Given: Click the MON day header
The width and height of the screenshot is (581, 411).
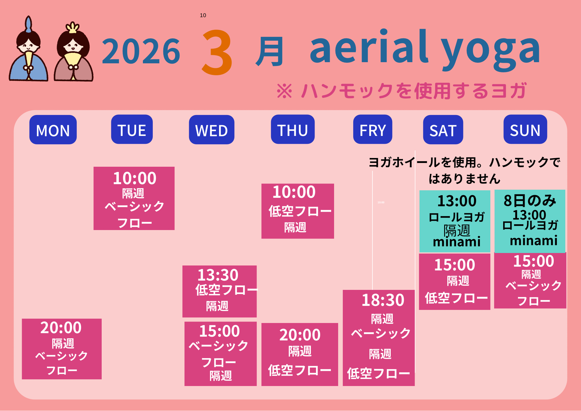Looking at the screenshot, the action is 53,130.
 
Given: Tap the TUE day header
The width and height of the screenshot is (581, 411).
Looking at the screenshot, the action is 132,129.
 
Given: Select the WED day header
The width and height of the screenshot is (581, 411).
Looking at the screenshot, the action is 211,130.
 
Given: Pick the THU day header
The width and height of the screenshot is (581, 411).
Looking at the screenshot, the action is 293,129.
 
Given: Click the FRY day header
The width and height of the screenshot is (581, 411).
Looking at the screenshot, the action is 373,129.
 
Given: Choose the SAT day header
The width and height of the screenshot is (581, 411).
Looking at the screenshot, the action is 443,130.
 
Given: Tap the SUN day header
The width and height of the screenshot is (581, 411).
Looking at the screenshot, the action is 525,129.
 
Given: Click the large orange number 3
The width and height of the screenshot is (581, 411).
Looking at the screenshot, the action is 217,52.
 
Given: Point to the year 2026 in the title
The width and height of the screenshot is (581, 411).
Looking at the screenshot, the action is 141,52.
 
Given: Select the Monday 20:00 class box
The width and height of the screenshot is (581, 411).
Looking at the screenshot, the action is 62,349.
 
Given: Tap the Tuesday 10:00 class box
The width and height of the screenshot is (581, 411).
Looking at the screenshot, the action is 134,198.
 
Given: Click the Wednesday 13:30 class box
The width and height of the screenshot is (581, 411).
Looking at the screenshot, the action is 220,291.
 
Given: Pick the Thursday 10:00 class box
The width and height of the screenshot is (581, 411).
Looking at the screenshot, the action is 298,211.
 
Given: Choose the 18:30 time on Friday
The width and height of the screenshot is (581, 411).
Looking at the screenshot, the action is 383,300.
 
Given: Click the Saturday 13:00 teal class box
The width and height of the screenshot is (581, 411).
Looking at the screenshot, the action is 455,221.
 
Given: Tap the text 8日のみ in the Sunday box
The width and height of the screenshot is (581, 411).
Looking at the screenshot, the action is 530,201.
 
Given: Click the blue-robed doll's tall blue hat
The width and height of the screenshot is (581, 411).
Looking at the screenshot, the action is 28,24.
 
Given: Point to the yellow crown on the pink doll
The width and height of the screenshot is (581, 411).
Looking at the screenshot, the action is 72,27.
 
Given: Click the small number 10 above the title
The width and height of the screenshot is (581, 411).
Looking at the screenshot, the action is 203,15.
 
